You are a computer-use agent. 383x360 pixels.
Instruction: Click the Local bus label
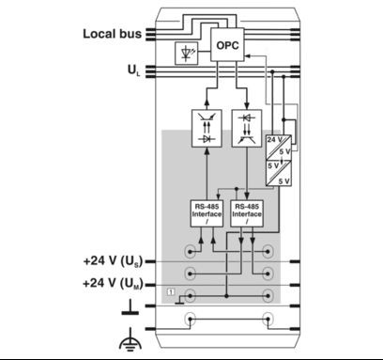(x=112, y=34)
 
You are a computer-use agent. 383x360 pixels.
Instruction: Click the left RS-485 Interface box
(x=207, y=212)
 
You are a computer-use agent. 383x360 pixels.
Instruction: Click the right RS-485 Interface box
(x=247, y=212)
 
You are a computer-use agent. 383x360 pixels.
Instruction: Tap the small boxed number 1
(x=170, y=295)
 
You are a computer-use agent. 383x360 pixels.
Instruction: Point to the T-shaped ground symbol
(x=127, y=306)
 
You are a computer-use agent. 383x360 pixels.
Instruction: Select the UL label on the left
(x=133, y=70)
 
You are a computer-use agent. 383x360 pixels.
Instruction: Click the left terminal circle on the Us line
(x=191, y=253)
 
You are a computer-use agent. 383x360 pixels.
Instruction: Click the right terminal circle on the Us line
(x=268, y=253)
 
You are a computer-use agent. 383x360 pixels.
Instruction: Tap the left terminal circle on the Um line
(x=191, y=275)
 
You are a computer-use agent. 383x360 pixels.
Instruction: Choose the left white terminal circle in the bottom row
(x=191, y=319)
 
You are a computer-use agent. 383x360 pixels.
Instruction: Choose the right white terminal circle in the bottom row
(x=268, y=319)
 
